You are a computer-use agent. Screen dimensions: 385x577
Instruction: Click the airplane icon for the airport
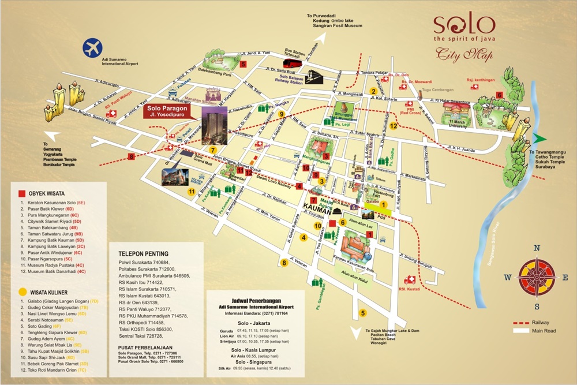(x=92, y=47)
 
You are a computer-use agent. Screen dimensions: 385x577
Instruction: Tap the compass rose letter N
(x=537, y=248)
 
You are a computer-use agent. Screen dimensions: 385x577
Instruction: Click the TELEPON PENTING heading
(x=144, y=253)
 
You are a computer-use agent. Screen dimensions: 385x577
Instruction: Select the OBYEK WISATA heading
(x=43, y=193)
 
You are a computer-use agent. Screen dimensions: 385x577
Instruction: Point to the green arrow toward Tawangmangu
(x=538, y=138)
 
